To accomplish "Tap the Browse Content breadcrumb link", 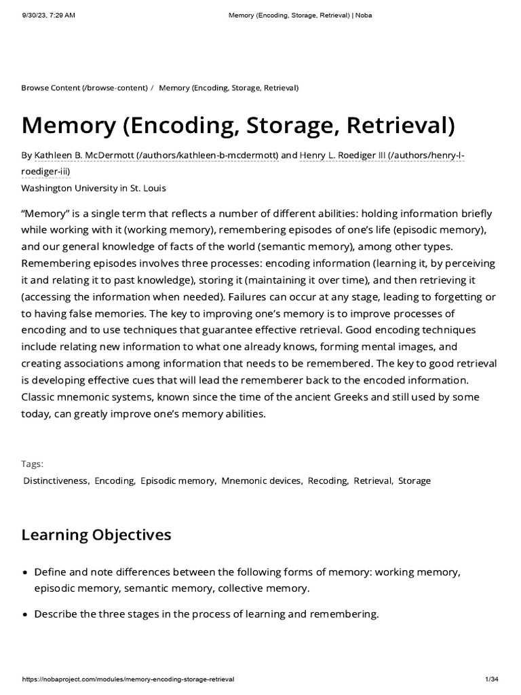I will click(x=84, y=88).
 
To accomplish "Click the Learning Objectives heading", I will click(x=96, y=535).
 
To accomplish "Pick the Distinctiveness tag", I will click(x=56, y=481).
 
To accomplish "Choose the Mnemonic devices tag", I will click(x=261, y=481).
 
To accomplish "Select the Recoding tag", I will click(x=328, y=481).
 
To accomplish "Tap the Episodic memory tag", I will click(x=177, y=481).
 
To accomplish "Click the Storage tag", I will click(x=414, y=481).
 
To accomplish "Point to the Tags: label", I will click(x=32, y=464).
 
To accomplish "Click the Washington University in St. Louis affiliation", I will click(x=94, y=188).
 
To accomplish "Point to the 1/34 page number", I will click(x=492, y=679).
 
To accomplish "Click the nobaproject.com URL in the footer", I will click(x=128, y=679).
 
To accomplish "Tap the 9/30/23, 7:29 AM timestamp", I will click(x=47, y=15).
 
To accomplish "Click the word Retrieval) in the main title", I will click(x=402, y=125).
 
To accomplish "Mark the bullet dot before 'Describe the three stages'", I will click(x=25, y=615).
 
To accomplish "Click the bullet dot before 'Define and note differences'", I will click(x=25, y=573).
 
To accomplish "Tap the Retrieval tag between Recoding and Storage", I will click(x=372, y=481).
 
